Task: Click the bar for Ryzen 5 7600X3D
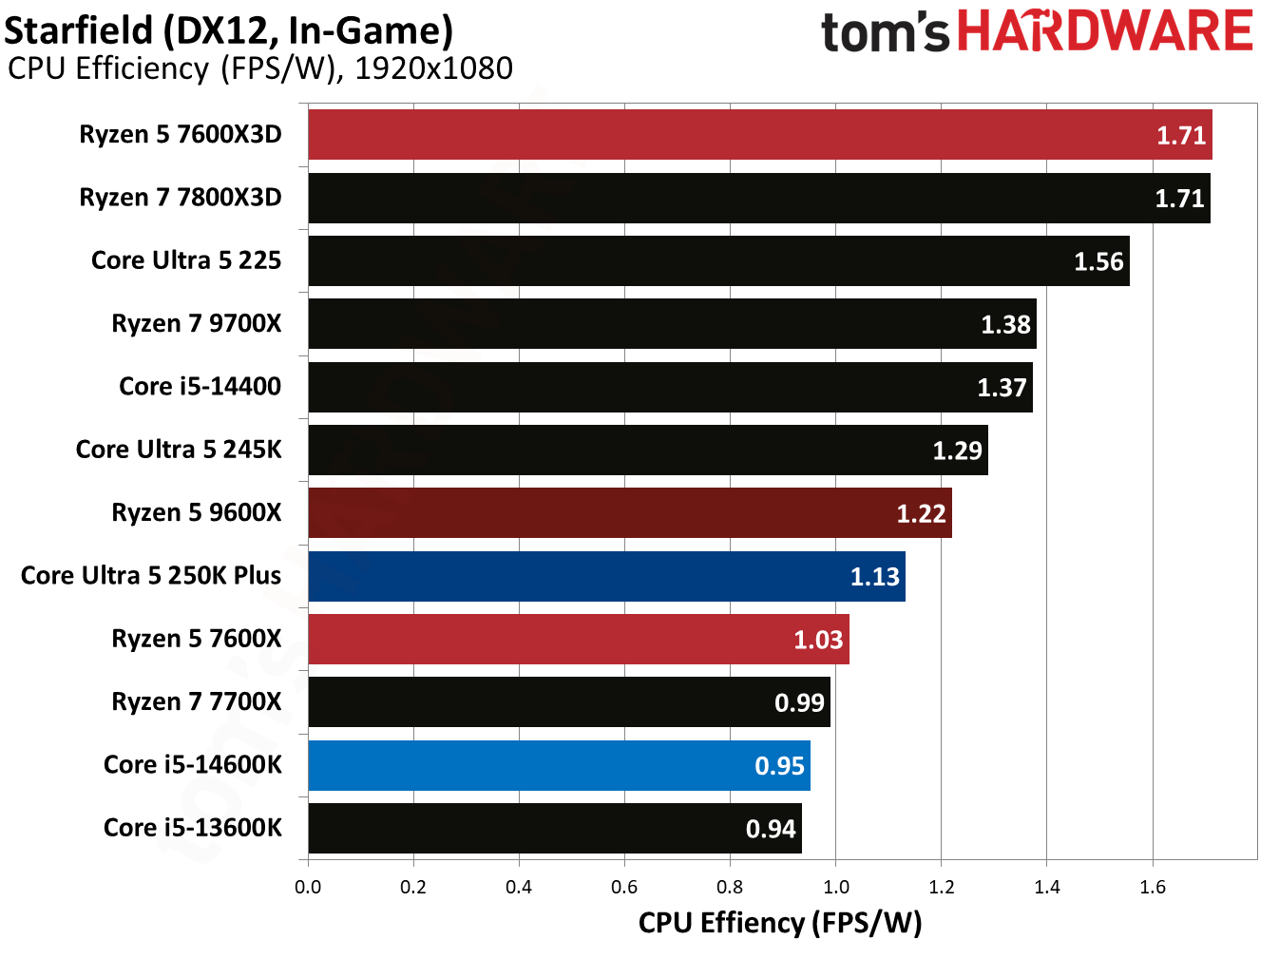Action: [x=760, y=135]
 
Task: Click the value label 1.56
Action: [x=1098, y=261]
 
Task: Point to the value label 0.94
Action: [x=771, y=829]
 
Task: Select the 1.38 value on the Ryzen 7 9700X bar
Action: [x=1005, y=325]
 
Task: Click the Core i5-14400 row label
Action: [x=200, y=387]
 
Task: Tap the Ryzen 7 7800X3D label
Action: [x=181, y=198]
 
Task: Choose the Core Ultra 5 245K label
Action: [x=179, y=450]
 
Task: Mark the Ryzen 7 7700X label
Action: [x=197, y=702]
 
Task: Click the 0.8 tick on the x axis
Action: [x=730, y=888]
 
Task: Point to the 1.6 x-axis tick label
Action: [x=1153, y=888]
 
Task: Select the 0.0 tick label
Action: [x=308, y=888]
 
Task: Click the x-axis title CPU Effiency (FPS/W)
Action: [x=780, y=923]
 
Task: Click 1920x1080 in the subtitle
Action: [x=433, y=68]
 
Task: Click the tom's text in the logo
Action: [x=885, y=33]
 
